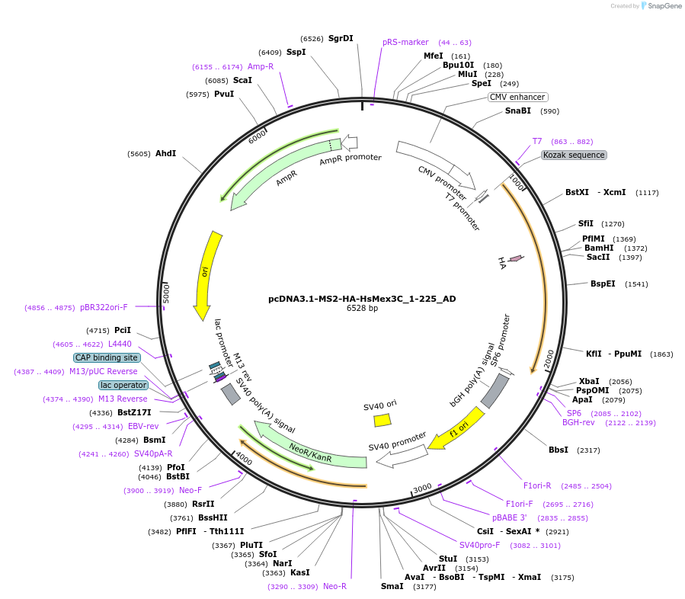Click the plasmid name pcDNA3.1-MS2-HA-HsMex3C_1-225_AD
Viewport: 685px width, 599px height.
click(362, 299)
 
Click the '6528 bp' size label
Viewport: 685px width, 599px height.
click(362, 309)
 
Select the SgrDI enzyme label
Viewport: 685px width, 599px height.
click(341, 38)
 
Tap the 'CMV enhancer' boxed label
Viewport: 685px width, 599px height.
click(517, 97)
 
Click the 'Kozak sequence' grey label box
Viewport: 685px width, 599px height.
click(574, 155)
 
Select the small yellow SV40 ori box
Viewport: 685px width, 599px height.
click(382, 420)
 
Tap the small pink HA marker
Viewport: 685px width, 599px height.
click(516, 259)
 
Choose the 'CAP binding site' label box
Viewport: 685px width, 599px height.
click(107, 357)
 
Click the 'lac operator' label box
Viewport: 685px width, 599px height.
click(123, 385)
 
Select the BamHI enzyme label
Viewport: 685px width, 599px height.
click(599, 248)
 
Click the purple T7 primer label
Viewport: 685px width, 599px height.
click(537, 141)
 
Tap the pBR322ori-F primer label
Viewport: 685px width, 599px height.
click(104, 308)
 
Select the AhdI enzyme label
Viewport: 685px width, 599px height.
click(165, 153)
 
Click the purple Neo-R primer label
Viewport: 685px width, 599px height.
click(334, 586)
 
